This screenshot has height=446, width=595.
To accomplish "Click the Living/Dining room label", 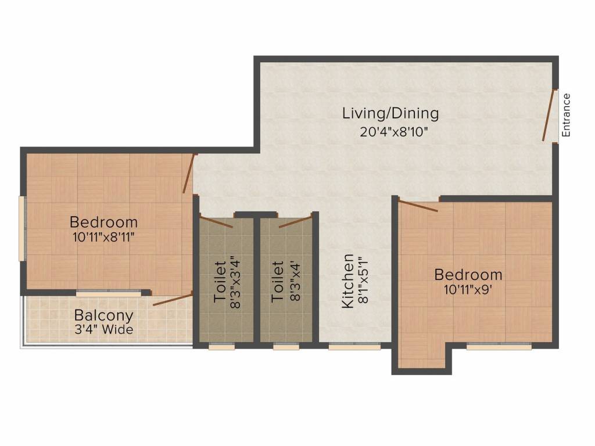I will (x=390, y=113).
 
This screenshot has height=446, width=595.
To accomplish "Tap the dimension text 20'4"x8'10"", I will (x=394, y=131).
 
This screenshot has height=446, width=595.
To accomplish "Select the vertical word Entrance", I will (x=567, y=115).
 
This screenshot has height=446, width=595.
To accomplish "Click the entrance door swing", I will (x=548, y=116).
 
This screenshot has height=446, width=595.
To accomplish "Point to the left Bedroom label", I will (x=103, y=222).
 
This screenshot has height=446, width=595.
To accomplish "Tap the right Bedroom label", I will (x=468, y=275).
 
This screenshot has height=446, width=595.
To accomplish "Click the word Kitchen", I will (x=347, y=280).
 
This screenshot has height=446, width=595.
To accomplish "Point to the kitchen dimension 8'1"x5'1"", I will (x=364, y=281).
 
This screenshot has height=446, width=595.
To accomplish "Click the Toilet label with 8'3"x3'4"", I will (x=220, y=282).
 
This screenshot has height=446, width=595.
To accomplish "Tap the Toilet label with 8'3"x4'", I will (x=278, y=282).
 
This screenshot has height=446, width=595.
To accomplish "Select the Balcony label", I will (x=103, y=316).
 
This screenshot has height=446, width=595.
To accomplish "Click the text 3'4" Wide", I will (x=103, y=330).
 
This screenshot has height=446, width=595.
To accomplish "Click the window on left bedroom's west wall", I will (x=22, y=229).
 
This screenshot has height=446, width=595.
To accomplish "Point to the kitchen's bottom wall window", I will (x=354, y=347).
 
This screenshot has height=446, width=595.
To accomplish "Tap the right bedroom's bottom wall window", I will (x=499, y=347).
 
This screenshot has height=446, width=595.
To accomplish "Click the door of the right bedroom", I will (x=418, y=206).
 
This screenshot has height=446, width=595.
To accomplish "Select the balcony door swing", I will (x=173, y=300).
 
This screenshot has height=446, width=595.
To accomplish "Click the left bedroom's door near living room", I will (x=189, y=173).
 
